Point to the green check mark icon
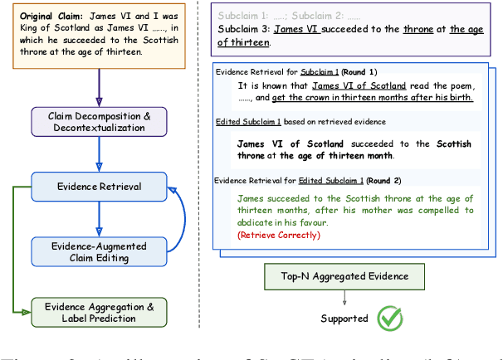tap(388, 319)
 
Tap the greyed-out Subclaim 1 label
tap(244, 16)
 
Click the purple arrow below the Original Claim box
tap(100, 83)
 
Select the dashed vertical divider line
tap(200, 166)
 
